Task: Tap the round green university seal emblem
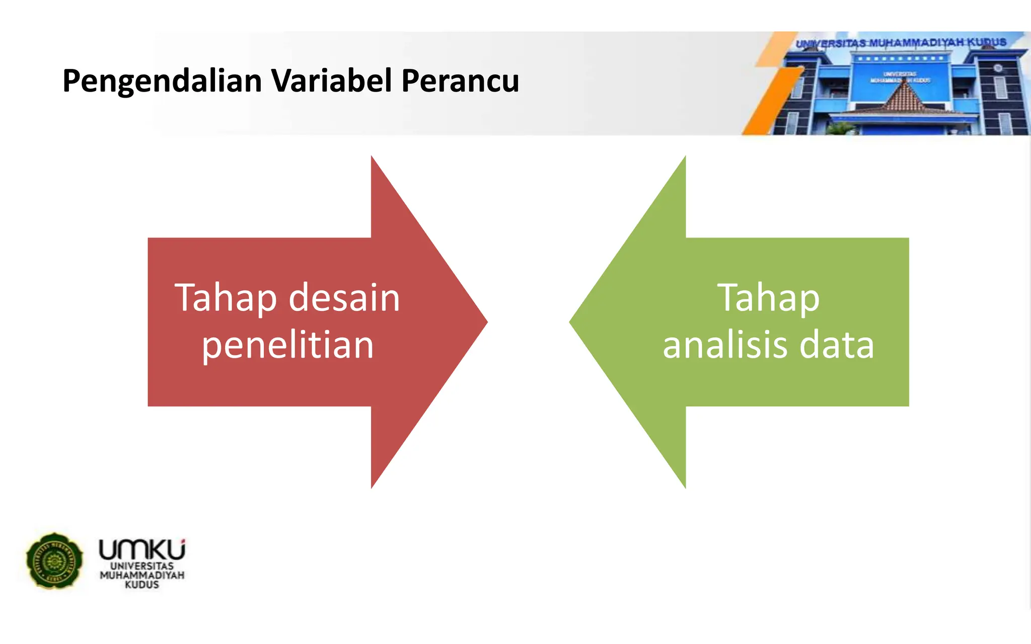pos(54,560)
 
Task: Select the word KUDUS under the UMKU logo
pos(142,585)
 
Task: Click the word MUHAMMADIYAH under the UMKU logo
pos(142,575)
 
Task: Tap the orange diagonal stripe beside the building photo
pos(770,101)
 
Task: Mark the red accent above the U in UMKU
pos(183,541)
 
